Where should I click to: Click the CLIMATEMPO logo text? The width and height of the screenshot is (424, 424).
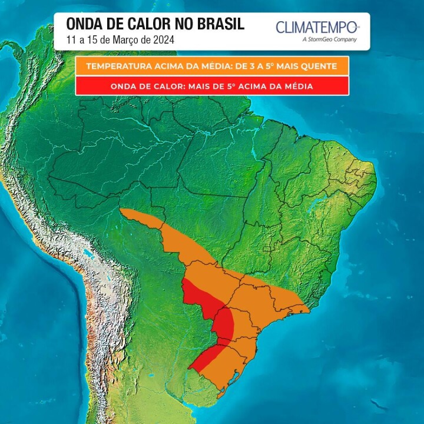317,27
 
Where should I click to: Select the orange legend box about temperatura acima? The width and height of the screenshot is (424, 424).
212,66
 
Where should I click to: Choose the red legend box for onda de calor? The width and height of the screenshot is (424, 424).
212,86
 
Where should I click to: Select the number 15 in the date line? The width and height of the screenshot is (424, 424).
92,40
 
